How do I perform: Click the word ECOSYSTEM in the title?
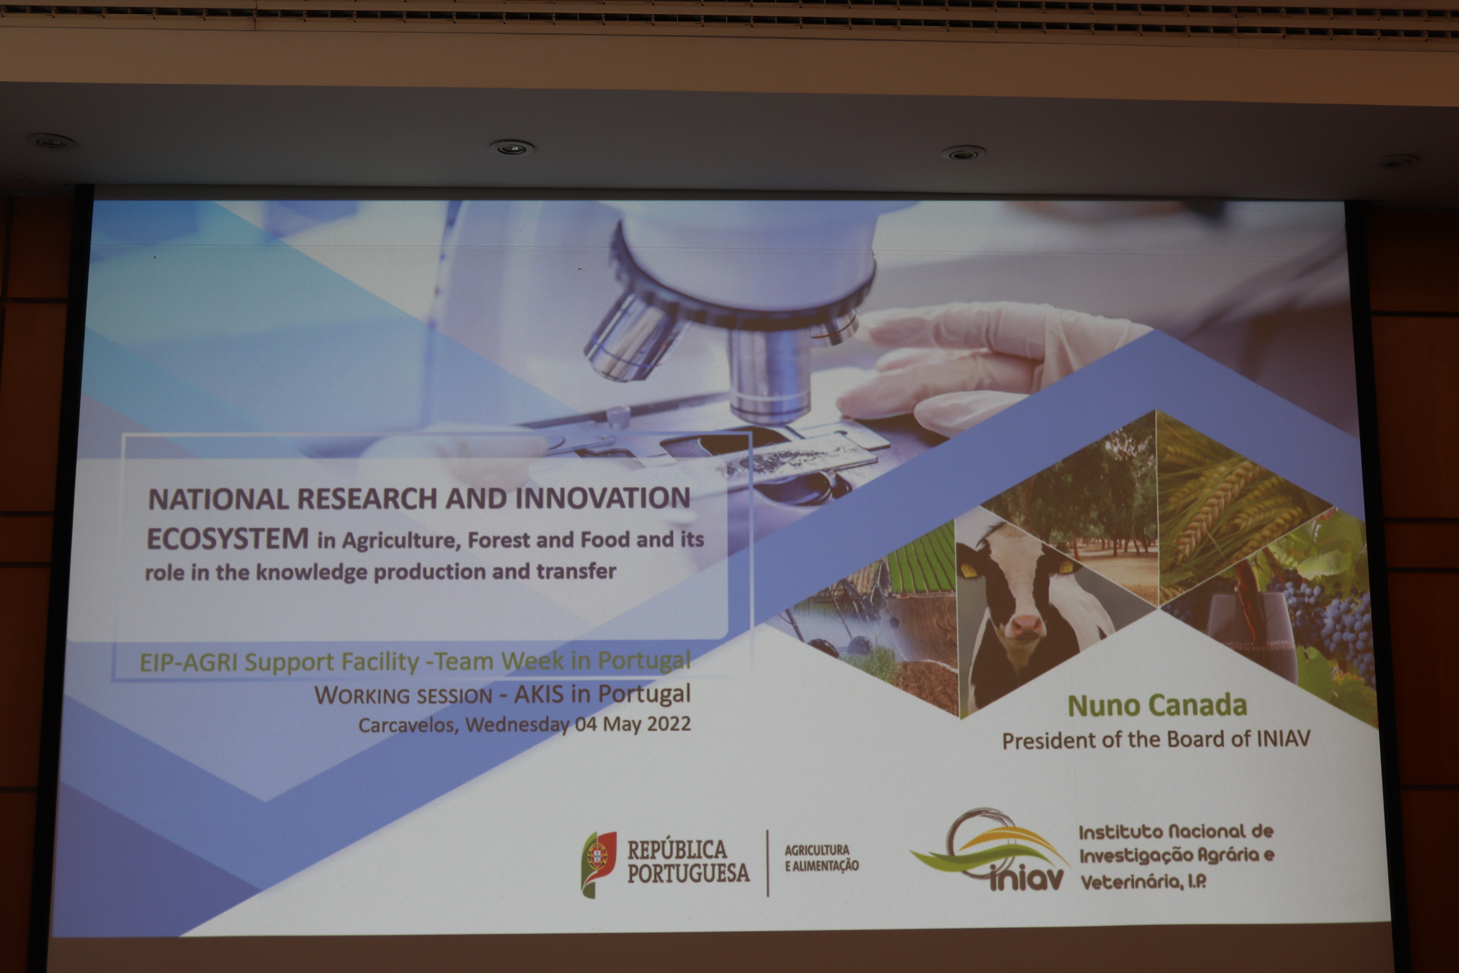coord(227,538)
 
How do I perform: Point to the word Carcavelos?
coord(408,725)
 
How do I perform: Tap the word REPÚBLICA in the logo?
coord(677,849)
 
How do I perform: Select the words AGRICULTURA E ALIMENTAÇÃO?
coord(821,858)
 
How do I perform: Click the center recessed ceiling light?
coord(511,148)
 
